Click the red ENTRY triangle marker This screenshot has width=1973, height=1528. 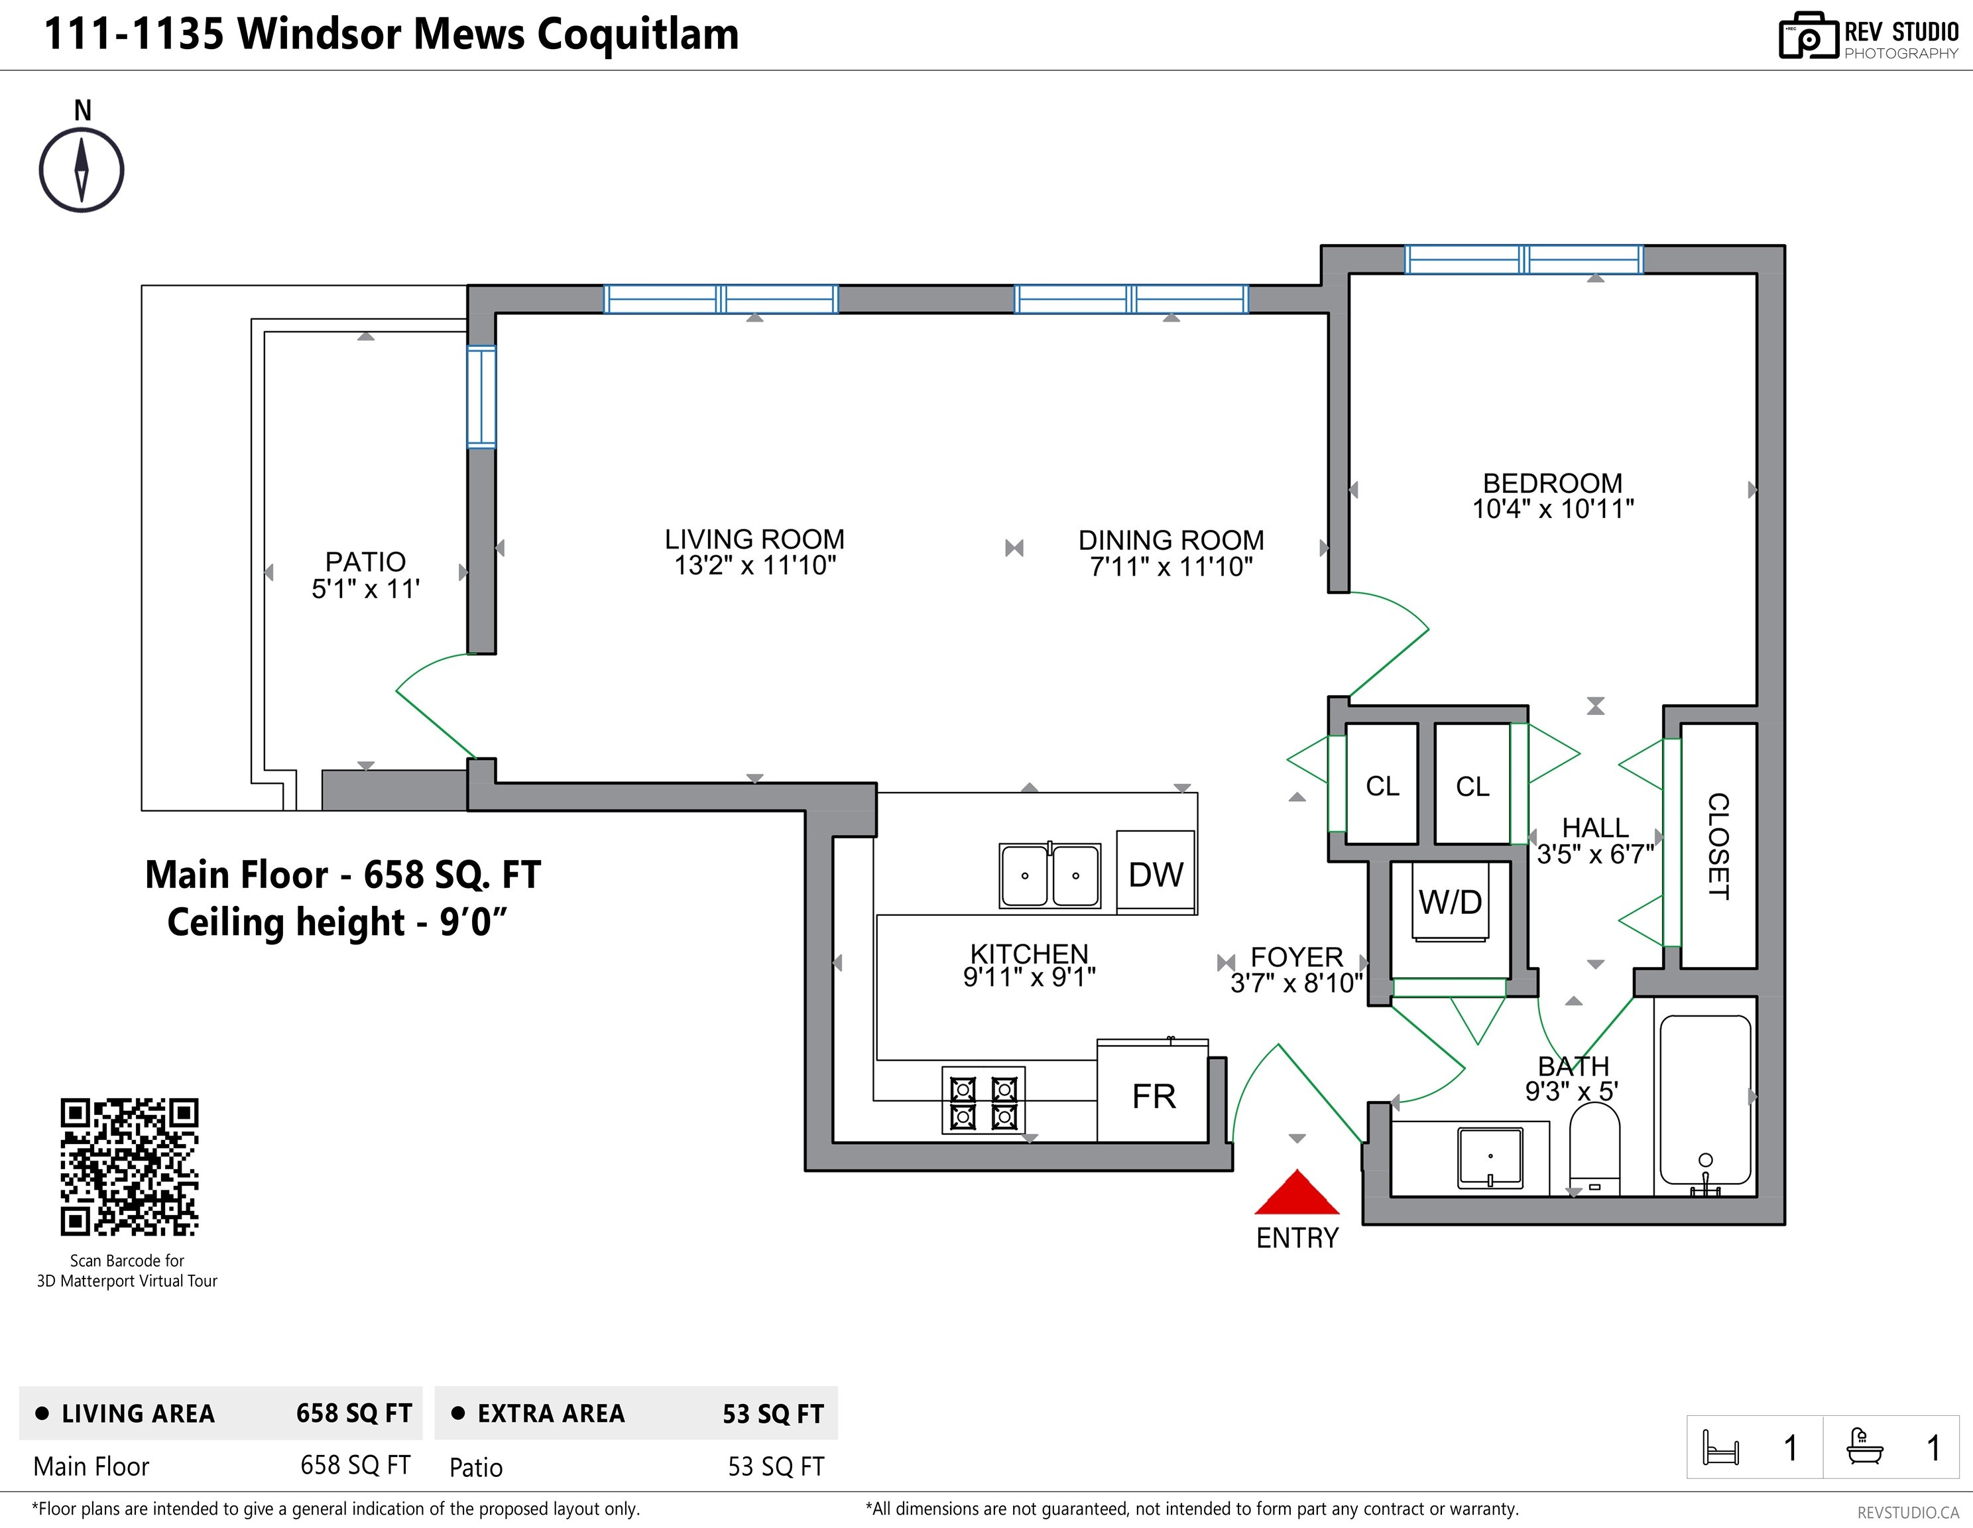pyautogui.click(x=1296, y=1194)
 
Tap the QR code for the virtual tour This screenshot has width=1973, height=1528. pyautogui.click(x=129, y=1167)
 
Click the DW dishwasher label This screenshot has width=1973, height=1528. pyautogui.click(x=1156, y=875)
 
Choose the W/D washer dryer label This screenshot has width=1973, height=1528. pyautogui.click(x=1450, y=902)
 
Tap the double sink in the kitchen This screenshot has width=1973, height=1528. pyautogui.click(x=1049, y=875)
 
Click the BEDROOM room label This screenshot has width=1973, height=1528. pyautogui.click(x=1553, y=483)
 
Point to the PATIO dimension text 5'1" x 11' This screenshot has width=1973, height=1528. pyautogui.click(x=366, y=589)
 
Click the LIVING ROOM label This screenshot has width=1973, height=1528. pyautogui.click(x=754, y=539)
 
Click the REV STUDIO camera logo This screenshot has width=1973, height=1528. pyautogui.click(x=1809, y=36)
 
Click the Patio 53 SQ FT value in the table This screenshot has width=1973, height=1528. pyautogui.click(x=776, y=1466)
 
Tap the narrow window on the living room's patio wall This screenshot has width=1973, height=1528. pyautogui.click(x=481, y=397)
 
